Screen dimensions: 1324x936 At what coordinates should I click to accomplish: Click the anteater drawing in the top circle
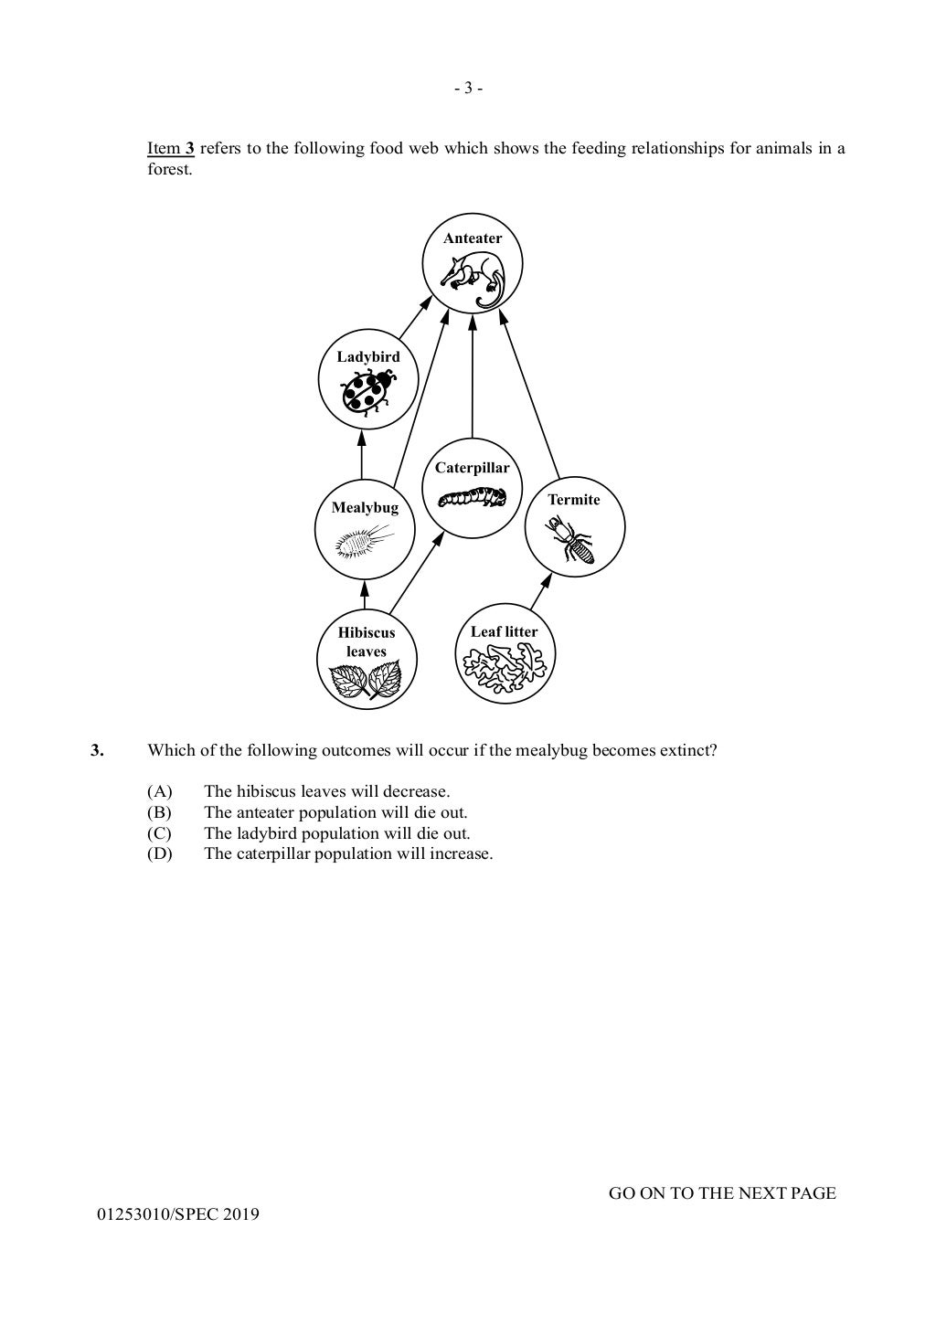(473, 278)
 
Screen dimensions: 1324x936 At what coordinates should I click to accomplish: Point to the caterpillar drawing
(472, 497)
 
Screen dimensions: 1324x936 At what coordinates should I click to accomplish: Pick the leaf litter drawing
(505, 671)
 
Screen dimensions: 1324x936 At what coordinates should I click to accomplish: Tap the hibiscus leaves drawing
(366, 681)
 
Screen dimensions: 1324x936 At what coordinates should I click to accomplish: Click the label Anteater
(473, 238)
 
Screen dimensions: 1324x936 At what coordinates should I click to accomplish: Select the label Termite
(574, 500)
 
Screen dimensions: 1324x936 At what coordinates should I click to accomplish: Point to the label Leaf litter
(505, 631)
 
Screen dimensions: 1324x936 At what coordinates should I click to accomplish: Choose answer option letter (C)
(159, 833)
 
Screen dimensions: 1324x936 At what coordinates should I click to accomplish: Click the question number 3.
(97, 751)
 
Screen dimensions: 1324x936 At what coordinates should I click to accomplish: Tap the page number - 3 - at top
(468, 89)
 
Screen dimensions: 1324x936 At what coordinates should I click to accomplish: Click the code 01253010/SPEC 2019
(178, 1214)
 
